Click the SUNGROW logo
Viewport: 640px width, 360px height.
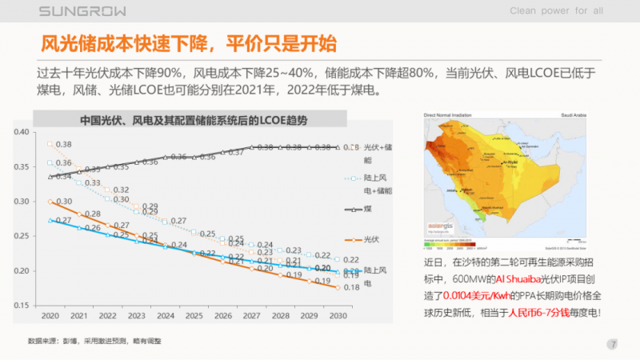pyautogui.click(x=74, y=10)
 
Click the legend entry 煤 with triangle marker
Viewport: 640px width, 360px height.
pyautogui.click(x=370, y=209)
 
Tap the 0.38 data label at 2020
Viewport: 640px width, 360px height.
pyautogui.click(x=64, y=144)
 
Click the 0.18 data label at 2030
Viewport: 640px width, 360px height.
pyautogui.click(x=350, y=287)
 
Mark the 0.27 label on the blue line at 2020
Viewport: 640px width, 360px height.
pyautogui.click(x=64, y=220)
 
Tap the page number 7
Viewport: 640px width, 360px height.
pyautogui.click(x=613, y=345)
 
